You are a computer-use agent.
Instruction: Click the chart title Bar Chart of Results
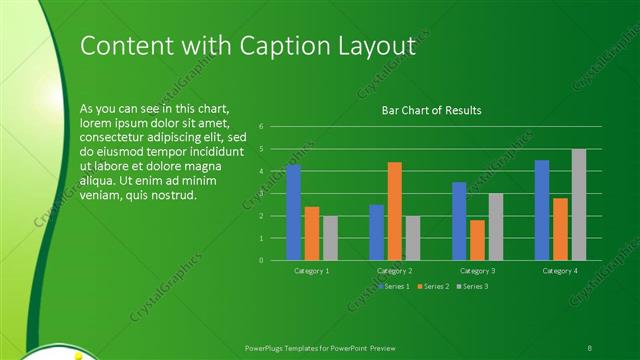point(432,110)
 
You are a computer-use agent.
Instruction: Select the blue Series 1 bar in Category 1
point(293,212)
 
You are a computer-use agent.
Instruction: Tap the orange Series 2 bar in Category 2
point(394,211)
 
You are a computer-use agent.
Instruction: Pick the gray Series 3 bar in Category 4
point(579,204)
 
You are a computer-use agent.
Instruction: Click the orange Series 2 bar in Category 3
point(477,240)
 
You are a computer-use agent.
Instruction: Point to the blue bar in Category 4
point(542,210)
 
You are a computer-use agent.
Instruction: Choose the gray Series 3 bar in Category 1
point(330,238)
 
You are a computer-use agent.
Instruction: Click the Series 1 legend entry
point(394,287)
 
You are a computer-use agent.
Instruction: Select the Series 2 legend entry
point(433,287)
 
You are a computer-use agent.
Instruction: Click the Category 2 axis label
point(395,270)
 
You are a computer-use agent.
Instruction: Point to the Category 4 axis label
point(560,270)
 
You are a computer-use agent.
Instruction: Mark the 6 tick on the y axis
point(261,127)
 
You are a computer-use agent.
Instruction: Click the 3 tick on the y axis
point(261,193)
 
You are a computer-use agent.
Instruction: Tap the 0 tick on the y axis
point(261,260)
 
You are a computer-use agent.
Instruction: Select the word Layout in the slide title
point(376,46)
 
